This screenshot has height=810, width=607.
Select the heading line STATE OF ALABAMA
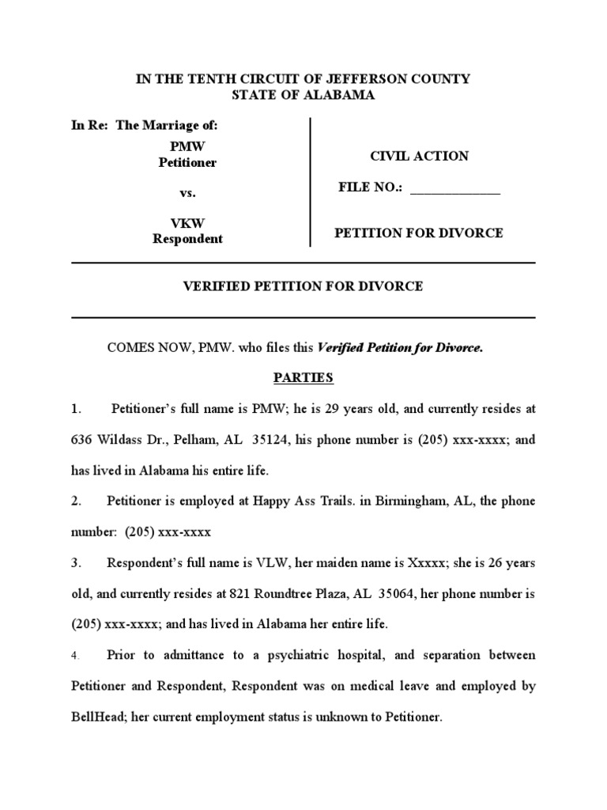tap(303, 95)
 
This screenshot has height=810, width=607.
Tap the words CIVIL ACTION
tap(419, 156)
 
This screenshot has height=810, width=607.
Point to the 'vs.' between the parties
tap(187, 193)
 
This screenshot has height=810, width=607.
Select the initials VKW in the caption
tap(187, 223)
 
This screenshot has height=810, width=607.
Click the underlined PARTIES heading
tap(303, 378)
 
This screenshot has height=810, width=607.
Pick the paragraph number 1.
tap(76, 409)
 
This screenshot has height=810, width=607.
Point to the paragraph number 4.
tap(76, 656)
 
